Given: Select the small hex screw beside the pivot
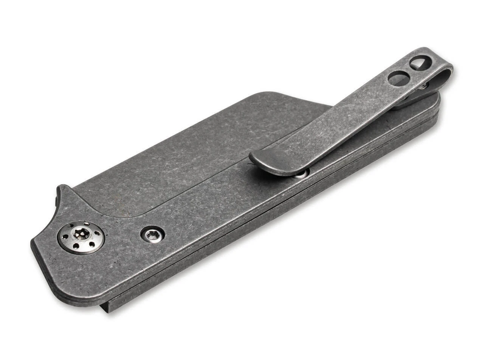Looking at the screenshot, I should [153, 235].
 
